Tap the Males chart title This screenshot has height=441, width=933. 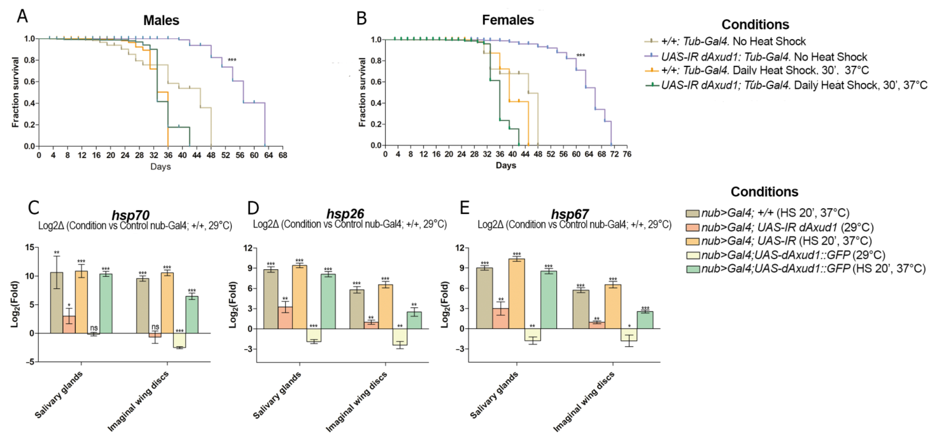[161, 20]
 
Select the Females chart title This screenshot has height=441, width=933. [508, 20]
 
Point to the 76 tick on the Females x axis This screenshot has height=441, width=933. [627, 154]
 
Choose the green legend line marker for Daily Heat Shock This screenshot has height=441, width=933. [653, 85]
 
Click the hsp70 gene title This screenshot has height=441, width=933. [130, 215]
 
